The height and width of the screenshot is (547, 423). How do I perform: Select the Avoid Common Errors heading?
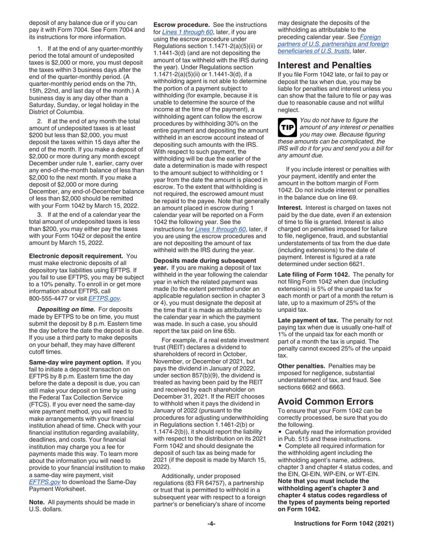point(326,401)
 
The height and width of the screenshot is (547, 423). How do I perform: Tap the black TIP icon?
point(287,127)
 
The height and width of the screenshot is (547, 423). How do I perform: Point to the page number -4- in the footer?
point(211,524)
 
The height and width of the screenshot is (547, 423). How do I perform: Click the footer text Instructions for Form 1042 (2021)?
point(344,524)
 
